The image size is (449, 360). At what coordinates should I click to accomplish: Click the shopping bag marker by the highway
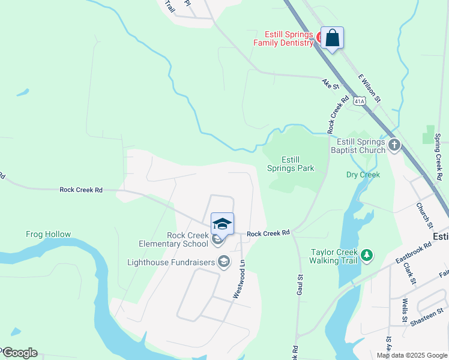point(332,38)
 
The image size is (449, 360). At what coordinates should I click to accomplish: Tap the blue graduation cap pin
point(222,224)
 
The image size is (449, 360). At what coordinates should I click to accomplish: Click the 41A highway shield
point(359,101)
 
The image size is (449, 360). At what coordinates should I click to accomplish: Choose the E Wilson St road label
point(369,88)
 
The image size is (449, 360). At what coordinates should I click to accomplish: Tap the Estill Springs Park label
point(291,164)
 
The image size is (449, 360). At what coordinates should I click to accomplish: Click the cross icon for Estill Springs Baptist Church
point(394,145)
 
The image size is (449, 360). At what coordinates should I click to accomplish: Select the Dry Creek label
point(363,175)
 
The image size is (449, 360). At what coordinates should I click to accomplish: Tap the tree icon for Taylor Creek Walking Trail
point(366,256)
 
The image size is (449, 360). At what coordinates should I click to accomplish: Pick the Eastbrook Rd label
point(414,253)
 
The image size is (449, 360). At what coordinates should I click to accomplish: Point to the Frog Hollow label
point(48,235)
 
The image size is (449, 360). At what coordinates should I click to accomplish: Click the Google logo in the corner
point(19,353)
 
